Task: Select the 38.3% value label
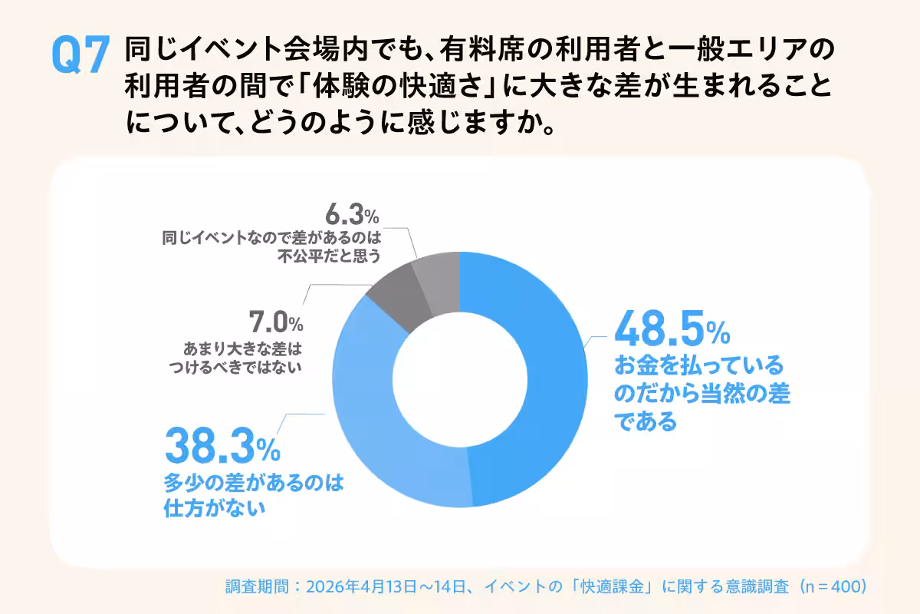[x=222, y=447]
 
